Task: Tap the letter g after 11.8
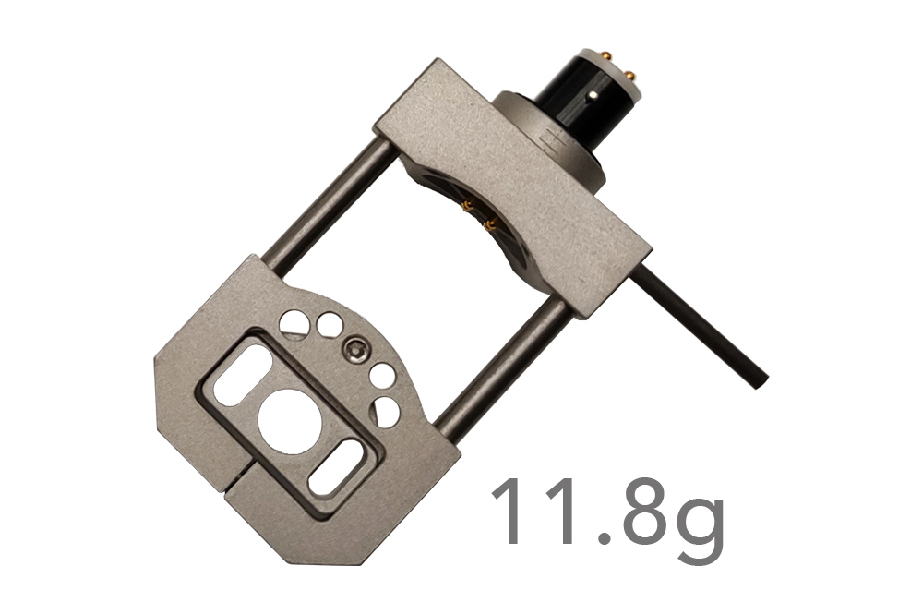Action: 698,524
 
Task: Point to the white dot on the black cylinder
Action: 594,93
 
